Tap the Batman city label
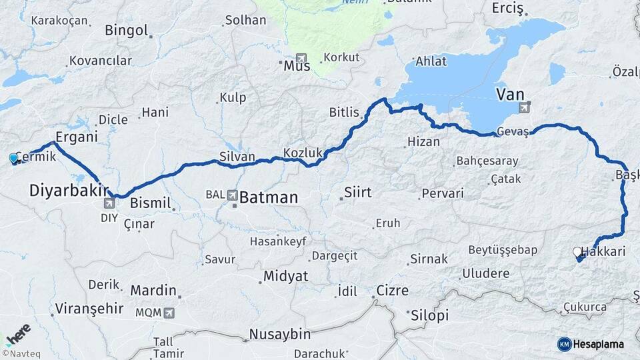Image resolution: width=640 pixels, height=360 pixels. pos(268,197)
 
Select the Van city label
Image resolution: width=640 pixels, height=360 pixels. pos(509,94)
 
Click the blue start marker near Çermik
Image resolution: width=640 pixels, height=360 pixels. pos(14,158)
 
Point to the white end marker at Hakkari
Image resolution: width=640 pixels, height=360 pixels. pos(577,252)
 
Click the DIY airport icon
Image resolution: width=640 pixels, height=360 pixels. pos(109,203)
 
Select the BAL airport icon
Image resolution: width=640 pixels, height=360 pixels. pos(231,195)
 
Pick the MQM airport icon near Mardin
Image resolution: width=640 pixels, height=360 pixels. pos(169,312)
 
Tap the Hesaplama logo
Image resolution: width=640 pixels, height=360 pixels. pos(591,344)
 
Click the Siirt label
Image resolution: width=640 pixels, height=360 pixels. pos(357,193)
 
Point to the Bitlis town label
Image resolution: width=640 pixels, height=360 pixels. pos(344,112)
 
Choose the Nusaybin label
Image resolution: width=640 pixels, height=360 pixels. pos(279,334)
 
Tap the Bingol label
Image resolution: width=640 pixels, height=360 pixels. pos(126,30)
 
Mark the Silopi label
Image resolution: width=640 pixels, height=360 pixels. pos(430,315)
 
